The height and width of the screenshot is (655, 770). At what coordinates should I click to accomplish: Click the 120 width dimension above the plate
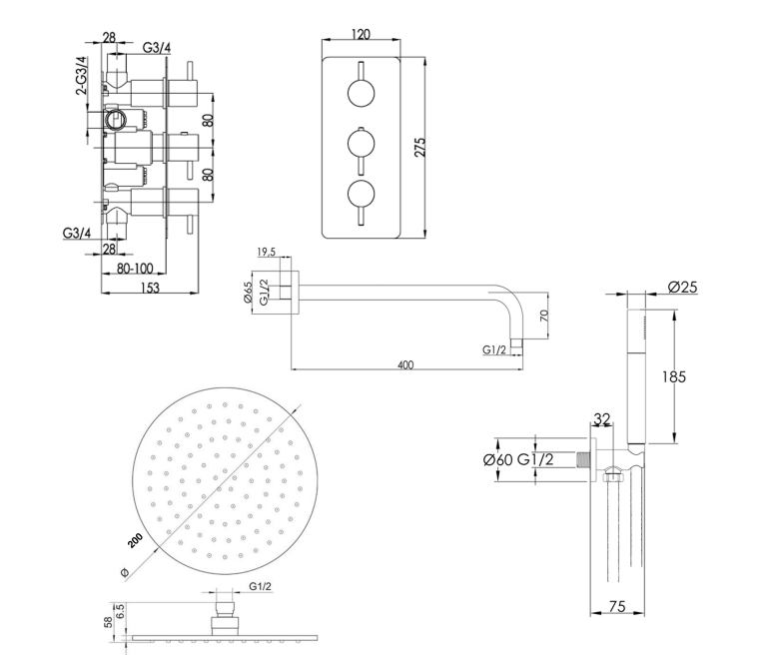pyautogui.click(x=361, y=34)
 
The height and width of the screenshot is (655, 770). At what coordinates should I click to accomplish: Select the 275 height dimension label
pyautogui.click(x=420, y=148)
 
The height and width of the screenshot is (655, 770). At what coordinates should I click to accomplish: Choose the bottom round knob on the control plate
pyautogui.click(x=361, y=194)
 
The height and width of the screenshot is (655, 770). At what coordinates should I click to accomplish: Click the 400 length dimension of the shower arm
pyautogui.click(x=405, y=364)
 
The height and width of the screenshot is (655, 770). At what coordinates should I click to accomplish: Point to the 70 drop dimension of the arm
pyautogui.click(x=543, y=316)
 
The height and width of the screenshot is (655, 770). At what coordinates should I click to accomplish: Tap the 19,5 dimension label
pyautogui.click(x=267, y=252)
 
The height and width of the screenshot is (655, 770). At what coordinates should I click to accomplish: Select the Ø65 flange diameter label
pyautogui.click(x=248, y=293)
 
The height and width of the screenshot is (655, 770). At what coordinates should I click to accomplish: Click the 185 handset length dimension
pyautogui.click(x=674, y=376)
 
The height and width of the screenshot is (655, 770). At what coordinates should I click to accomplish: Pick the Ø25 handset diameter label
pyautogui.click(x=682, y=287)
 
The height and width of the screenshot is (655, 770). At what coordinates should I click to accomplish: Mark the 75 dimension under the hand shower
pyautogui.click(x=617, y=607)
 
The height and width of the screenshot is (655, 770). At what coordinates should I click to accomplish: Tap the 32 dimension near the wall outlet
pyautogui.click(x=602, y=418)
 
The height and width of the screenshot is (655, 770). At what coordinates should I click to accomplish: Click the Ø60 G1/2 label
pyautogui.click(x=518, y=459)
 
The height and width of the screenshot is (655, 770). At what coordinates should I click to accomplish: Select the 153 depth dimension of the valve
pyautogui.click(x=150, y=288)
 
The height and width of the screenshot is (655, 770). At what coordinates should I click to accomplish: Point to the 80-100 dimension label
pyautogui.click(x=135, y=269)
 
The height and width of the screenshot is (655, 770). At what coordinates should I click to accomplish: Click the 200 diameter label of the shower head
pyautogui.click(x=135, y=540)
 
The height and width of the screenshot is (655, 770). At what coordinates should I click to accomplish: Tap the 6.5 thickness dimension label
pyautogui.click(x=121, y=611)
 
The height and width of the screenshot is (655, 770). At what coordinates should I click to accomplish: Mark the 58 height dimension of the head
pyautogui.click(x=108, y=622)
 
